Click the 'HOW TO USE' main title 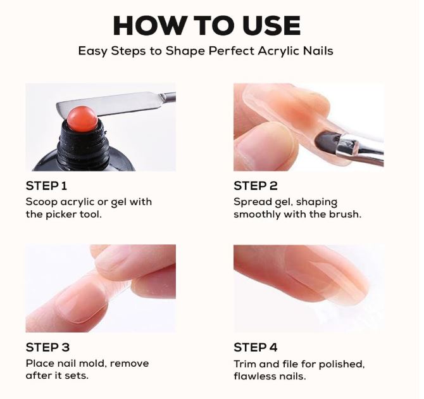pos(207,26)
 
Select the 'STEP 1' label pos(46,186)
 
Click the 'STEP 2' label pos(256,186)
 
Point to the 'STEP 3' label pos(47,347)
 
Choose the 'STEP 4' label pos(256,347)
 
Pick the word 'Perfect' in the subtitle pos(231,51)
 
